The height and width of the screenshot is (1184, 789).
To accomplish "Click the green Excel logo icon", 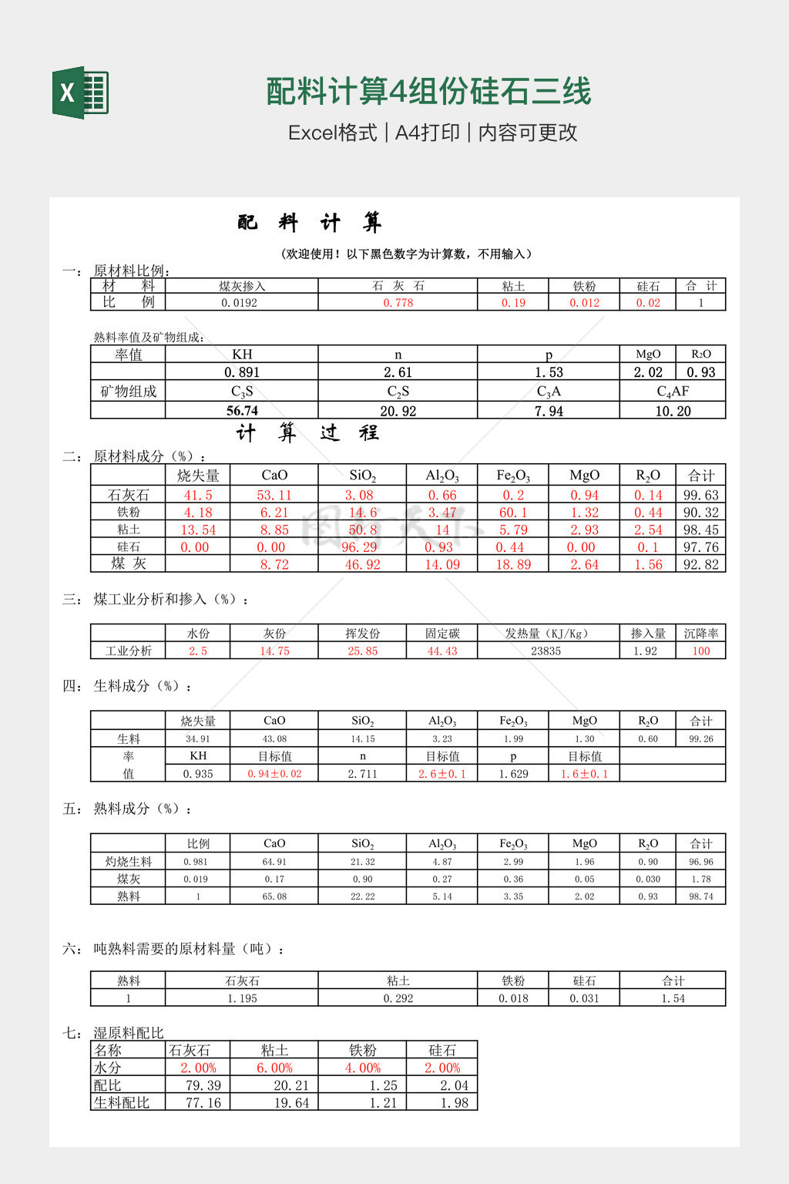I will tap(80, 92).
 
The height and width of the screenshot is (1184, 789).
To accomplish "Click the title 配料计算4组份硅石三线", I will tap(428, 92).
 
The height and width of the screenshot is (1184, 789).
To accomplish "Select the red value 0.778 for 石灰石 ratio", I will tap(398, 303).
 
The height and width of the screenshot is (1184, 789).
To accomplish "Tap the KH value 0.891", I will tap(242, 372).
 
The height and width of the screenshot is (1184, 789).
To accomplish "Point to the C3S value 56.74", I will tap(242, 411).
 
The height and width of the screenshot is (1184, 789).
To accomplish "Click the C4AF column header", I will tap(673, 392).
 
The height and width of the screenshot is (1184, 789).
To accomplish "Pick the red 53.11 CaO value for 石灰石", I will tap(274, 495).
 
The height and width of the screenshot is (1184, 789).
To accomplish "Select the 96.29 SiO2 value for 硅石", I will tap(362, 547).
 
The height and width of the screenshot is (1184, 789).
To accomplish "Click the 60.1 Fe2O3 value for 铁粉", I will tap(513, 513).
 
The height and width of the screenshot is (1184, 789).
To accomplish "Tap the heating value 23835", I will tap(546, 651).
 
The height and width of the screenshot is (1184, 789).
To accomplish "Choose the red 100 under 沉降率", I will tap(700, 651).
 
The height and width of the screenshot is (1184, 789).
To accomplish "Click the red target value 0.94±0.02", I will tap(274, 774).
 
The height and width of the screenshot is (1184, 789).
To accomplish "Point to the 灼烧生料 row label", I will tap(129, 862).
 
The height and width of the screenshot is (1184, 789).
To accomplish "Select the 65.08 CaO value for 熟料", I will tap(274, 896).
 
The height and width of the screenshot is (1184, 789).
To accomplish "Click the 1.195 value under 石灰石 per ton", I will tap(242, 998).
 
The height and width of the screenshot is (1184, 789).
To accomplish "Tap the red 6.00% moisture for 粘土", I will tap(274, 1068).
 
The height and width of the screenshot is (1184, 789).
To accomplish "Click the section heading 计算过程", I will tap(308, 433).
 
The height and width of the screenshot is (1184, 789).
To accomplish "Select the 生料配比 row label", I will tap(122, 1103).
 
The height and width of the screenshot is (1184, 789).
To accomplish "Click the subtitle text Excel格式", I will tap(333, 133).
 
